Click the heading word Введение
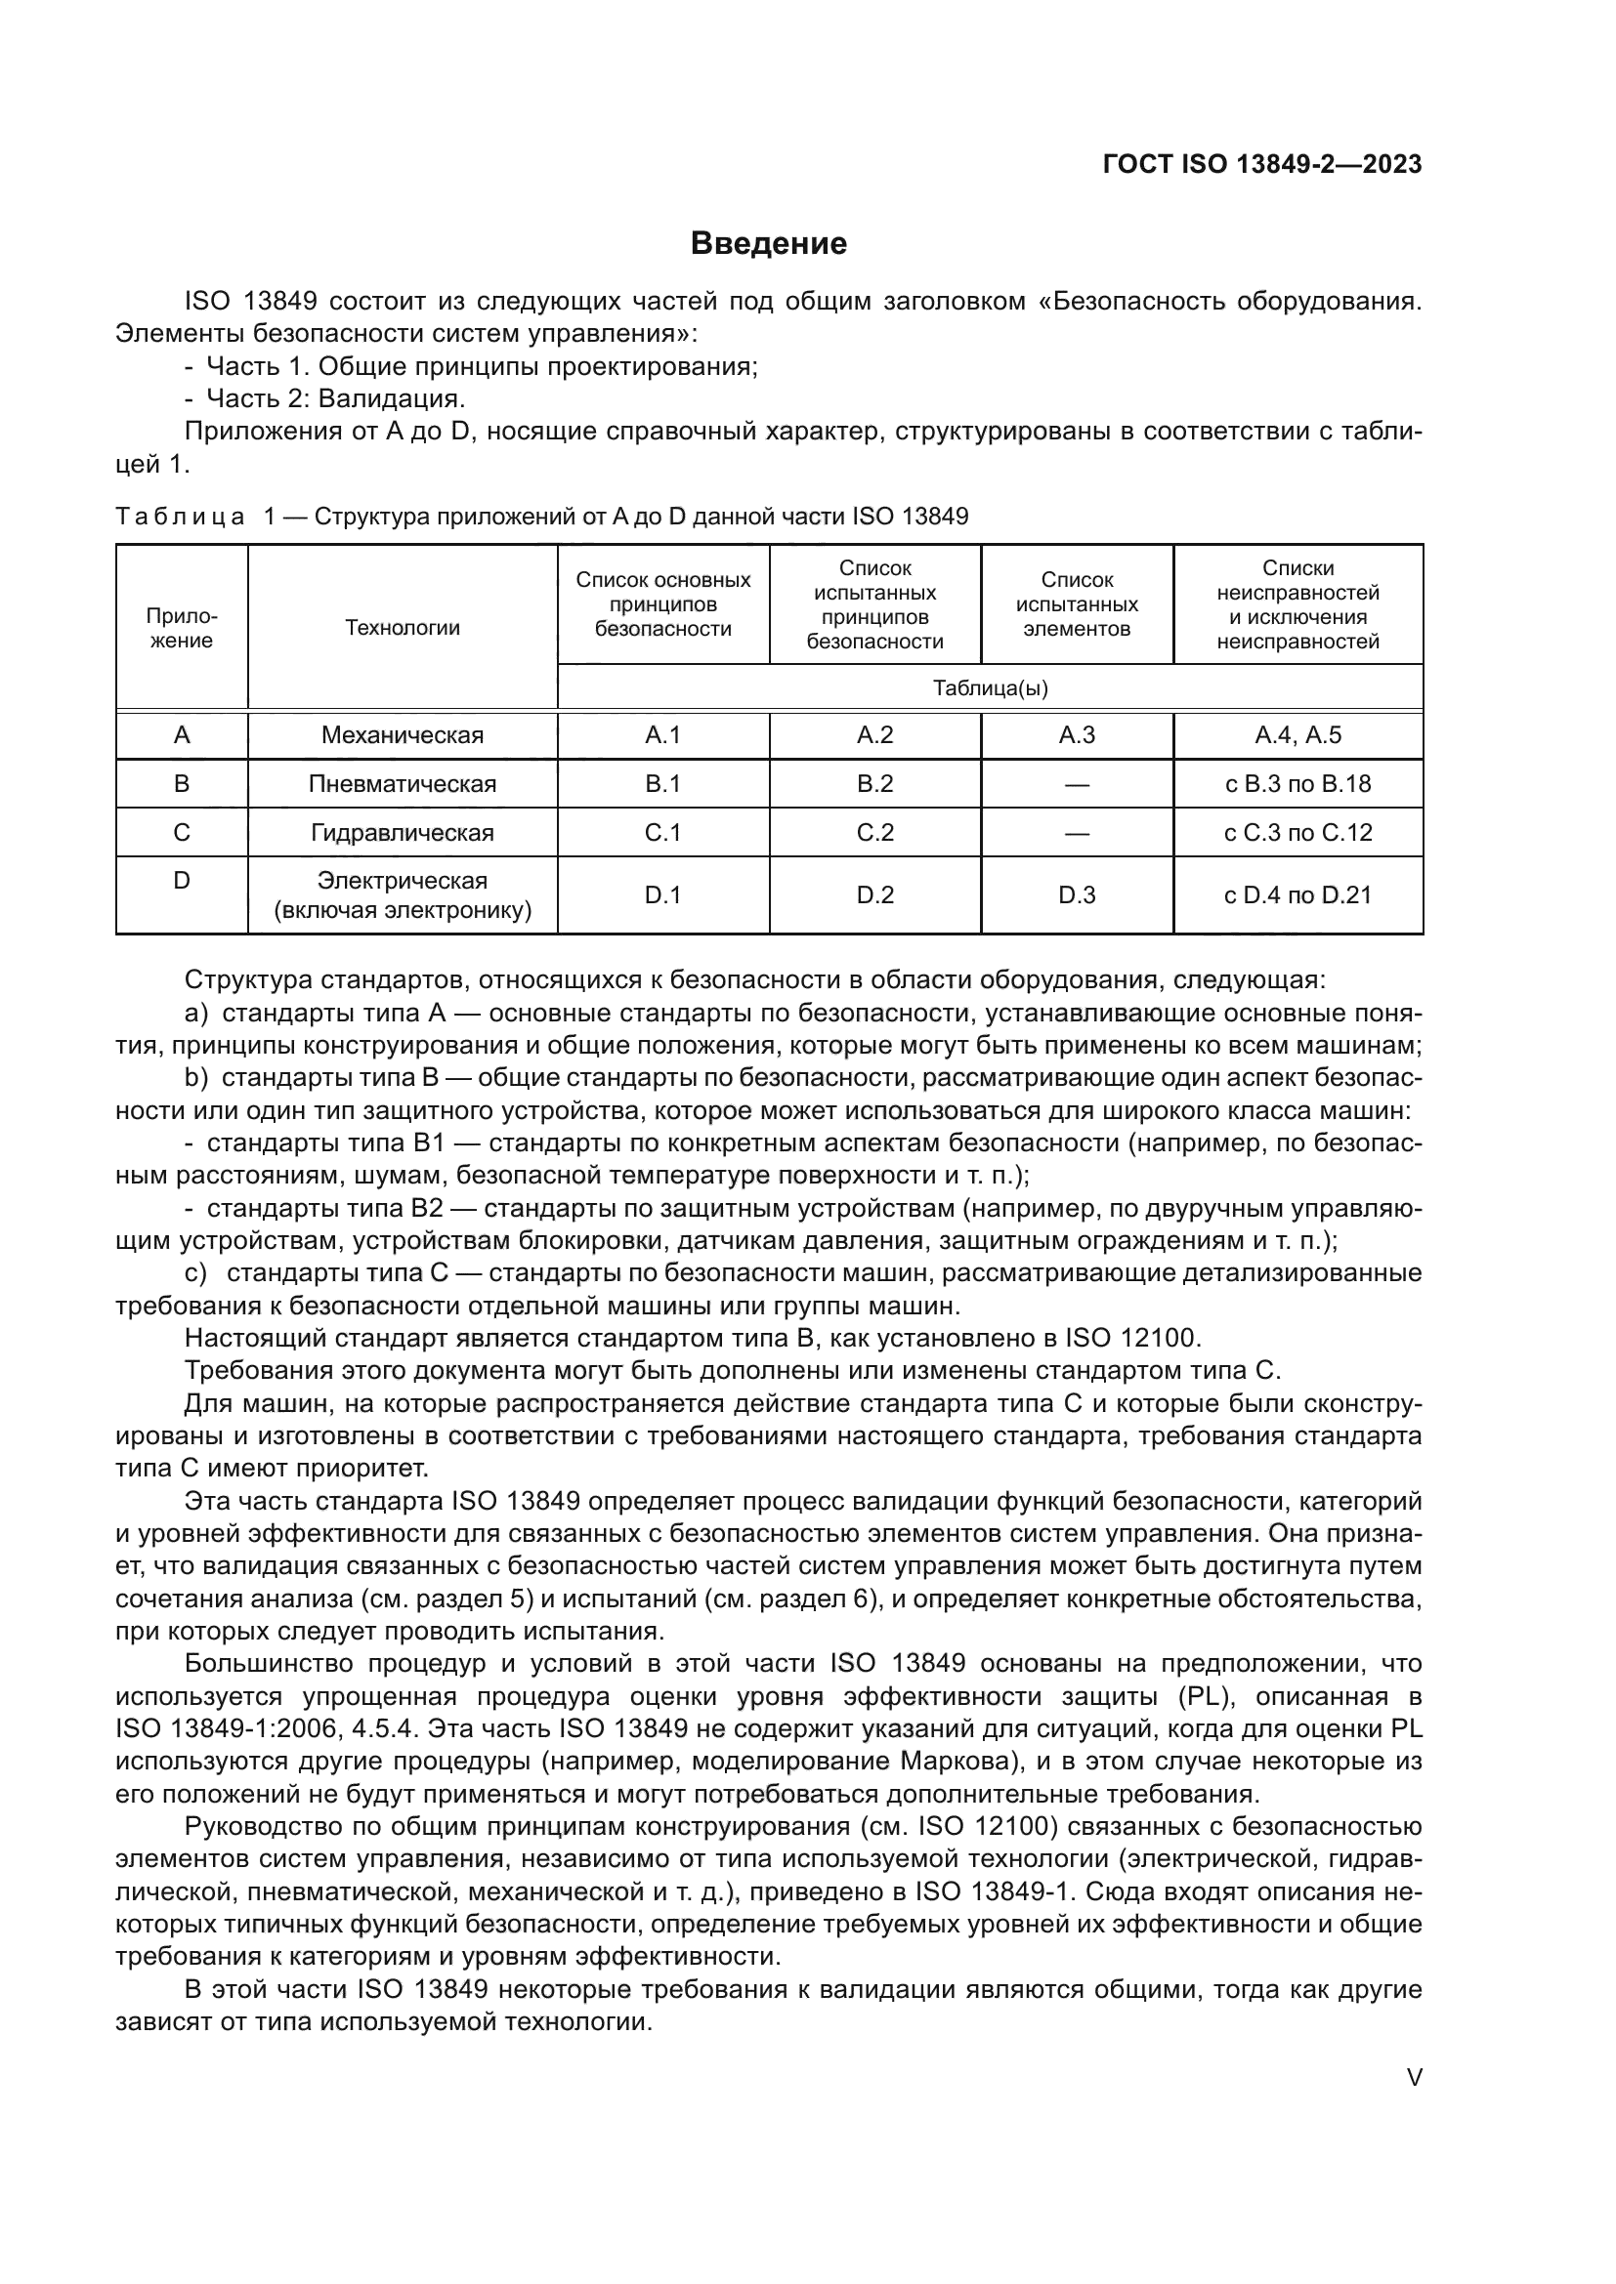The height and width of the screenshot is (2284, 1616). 768,244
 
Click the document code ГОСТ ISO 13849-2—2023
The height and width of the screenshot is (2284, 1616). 1261,164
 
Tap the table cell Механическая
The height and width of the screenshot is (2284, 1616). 402,735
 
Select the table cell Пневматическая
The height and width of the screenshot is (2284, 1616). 402,784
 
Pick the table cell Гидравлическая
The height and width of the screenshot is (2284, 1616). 402,833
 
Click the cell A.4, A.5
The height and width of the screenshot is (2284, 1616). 1297,735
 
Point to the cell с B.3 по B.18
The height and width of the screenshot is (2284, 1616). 1297,784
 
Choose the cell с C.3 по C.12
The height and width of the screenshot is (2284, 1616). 1297,833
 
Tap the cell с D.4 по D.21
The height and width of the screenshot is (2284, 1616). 1297,895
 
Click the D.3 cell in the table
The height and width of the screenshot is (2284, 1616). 1077,895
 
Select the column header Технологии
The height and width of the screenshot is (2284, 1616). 402,628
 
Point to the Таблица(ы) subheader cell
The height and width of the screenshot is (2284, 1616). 990,688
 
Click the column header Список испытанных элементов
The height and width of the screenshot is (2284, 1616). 1077,604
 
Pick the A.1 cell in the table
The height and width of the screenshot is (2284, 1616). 662,735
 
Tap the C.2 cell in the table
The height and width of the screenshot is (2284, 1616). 874,833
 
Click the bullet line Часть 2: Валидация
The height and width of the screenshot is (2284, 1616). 335,399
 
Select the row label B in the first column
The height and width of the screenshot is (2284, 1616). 182,784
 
